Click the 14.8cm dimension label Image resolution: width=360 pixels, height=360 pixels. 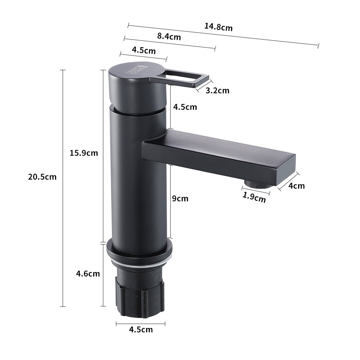219,27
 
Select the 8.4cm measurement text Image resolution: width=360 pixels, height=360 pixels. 169,36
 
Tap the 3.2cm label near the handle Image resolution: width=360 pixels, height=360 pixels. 217,90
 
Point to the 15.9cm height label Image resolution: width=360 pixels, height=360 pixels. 84,153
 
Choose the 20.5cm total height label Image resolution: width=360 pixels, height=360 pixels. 42,177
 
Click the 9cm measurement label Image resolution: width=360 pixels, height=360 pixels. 180,198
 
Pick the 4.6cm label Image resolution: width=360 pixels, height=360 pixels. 87,274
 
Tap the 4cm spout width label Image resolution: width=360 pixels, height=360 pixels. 296,186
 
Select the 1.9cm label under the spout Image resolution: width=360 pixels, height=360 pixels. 254,197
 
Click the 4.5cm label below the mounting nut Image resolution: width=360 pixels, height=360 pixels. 141,329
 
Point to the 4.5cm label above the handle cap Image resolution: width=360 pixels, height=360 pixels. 144,50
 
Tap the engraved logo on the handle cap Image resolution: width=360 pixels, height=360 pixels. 136,69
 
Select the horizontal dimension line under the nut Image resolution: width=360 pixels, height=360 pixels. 140,324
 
